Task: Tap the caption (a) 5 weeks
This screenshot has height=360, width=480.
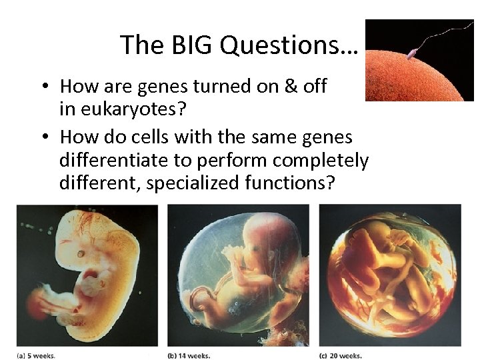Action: click(37, 355)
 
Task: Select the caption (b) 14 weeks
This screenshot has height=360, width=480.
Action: click(189, 355)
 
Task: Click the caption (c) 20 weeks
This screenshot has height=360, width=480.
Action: click(341, 355)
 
